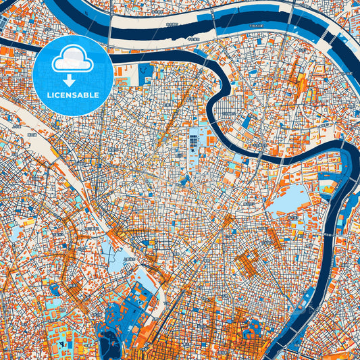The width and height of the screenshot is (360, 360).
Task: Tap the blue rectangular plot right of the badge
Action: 145,74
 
